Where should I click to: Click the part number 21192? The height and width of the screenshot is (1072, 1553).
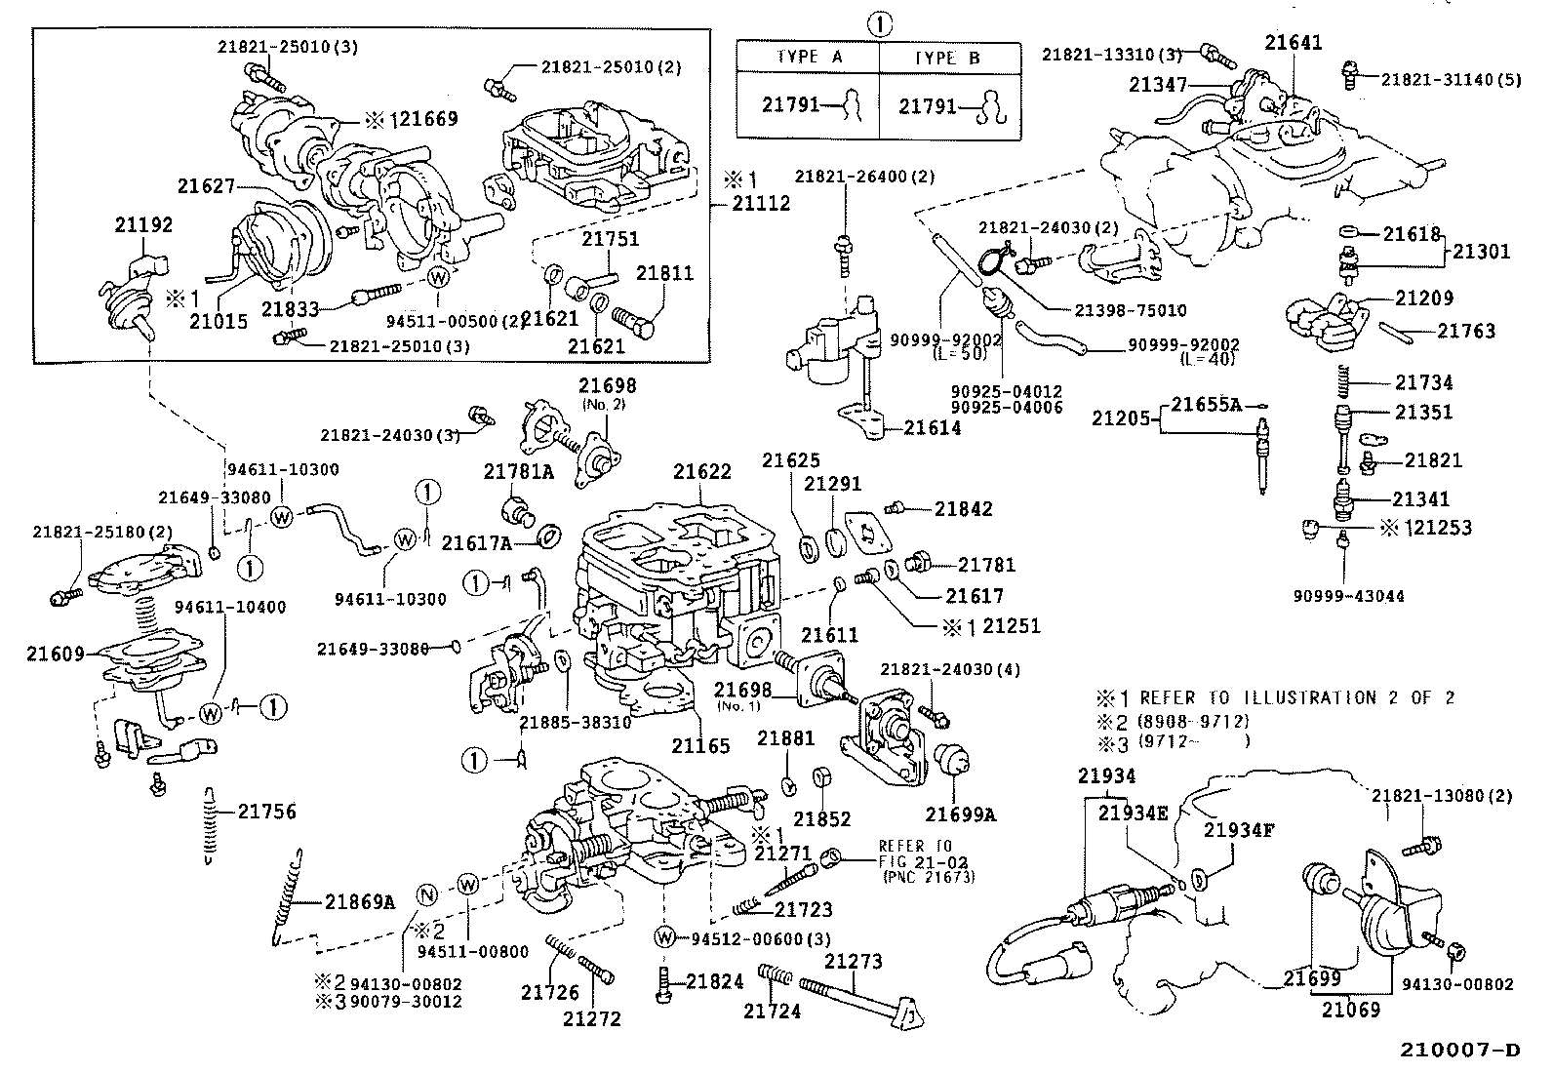point(143,225)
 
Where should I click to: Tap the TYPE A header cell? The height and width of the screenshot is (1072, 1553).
point(809,58)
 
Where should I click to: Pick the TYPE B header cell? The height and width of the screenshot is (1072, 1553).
point(948,58)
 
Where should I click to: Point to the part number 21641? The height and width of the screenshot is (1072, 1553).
point(1294,43)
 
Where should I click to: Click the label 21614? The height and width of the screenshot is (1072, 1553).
point(932,427)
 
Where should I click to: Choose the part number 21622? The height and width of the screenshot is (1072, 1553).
point(701,472)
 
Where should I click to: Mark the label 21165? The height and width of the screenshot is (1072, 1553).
point(700,746)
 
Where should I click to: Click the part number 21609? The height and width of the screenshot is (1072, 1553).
point(56,654)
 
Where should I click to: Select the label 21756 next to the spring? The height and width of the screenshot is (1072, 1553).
point(267,812)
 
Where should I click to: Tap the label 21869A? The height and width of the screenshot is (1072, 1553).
point(360,902)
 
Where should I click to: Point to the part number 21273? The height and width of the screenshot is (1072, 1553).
point(854,962)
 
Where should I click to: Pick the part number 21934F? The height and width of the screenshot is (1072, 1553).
point(1238,830)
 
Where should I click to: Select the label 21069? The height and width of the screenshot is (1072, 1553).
point(1351,1010)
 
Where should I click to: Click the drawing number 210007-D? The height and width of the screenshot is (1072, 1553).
point(1460,1051)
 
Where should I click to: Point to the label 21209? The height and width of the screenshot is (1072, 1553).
point(1423,298)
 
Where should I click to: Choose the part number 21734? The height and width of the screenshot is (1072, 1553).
point(1423,382)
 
